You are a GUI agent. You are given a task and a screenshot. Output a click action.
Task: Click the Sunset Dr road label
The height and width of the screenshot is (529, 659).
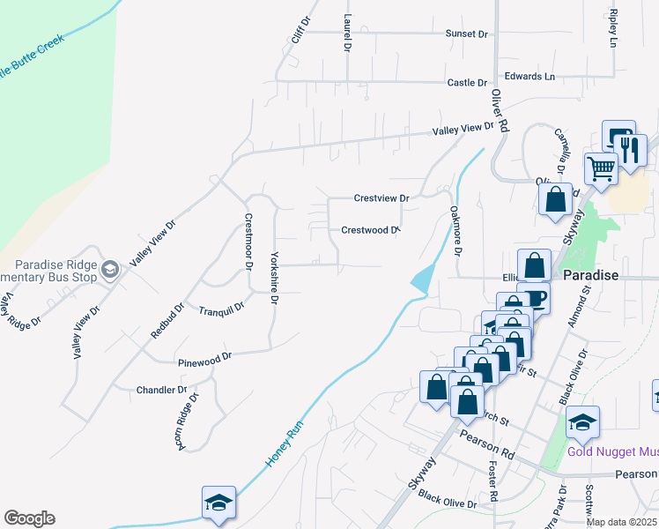466,34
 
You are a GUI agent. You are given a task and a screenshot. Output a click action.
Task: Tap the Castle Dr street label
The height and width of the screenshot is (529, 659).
467,83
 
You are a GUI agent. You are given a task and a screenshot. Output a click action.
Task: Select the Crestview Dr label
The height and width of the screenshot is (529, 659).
381,198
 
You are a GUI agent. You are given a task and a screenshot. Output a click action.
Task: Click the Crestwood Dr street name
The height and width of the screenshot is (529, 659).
371,230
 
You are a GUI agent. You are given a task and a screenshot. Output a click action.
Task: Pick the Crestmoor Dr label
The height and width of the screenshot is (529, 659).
248,241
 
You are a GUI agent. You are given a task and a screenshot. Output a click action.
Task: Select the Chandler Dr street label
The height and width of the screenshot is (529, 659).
162,390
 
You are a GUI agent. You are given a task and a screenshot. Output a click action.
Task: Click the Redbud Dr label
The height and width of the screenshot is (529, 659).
167,321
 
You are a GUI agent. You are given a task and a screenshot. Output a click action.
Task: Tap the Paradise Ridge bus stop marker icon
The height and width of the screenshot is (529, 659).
110,269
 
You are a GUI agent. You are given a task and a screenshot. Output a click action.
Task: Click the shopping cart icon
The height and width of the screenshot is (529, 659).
600,168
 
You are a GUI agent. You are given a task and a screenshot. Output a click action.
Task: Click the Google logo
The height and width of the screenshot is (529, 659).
29,518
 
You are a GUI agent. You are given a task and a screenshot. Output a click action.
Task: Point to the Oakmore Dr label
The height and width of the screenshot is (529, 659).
455,231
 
